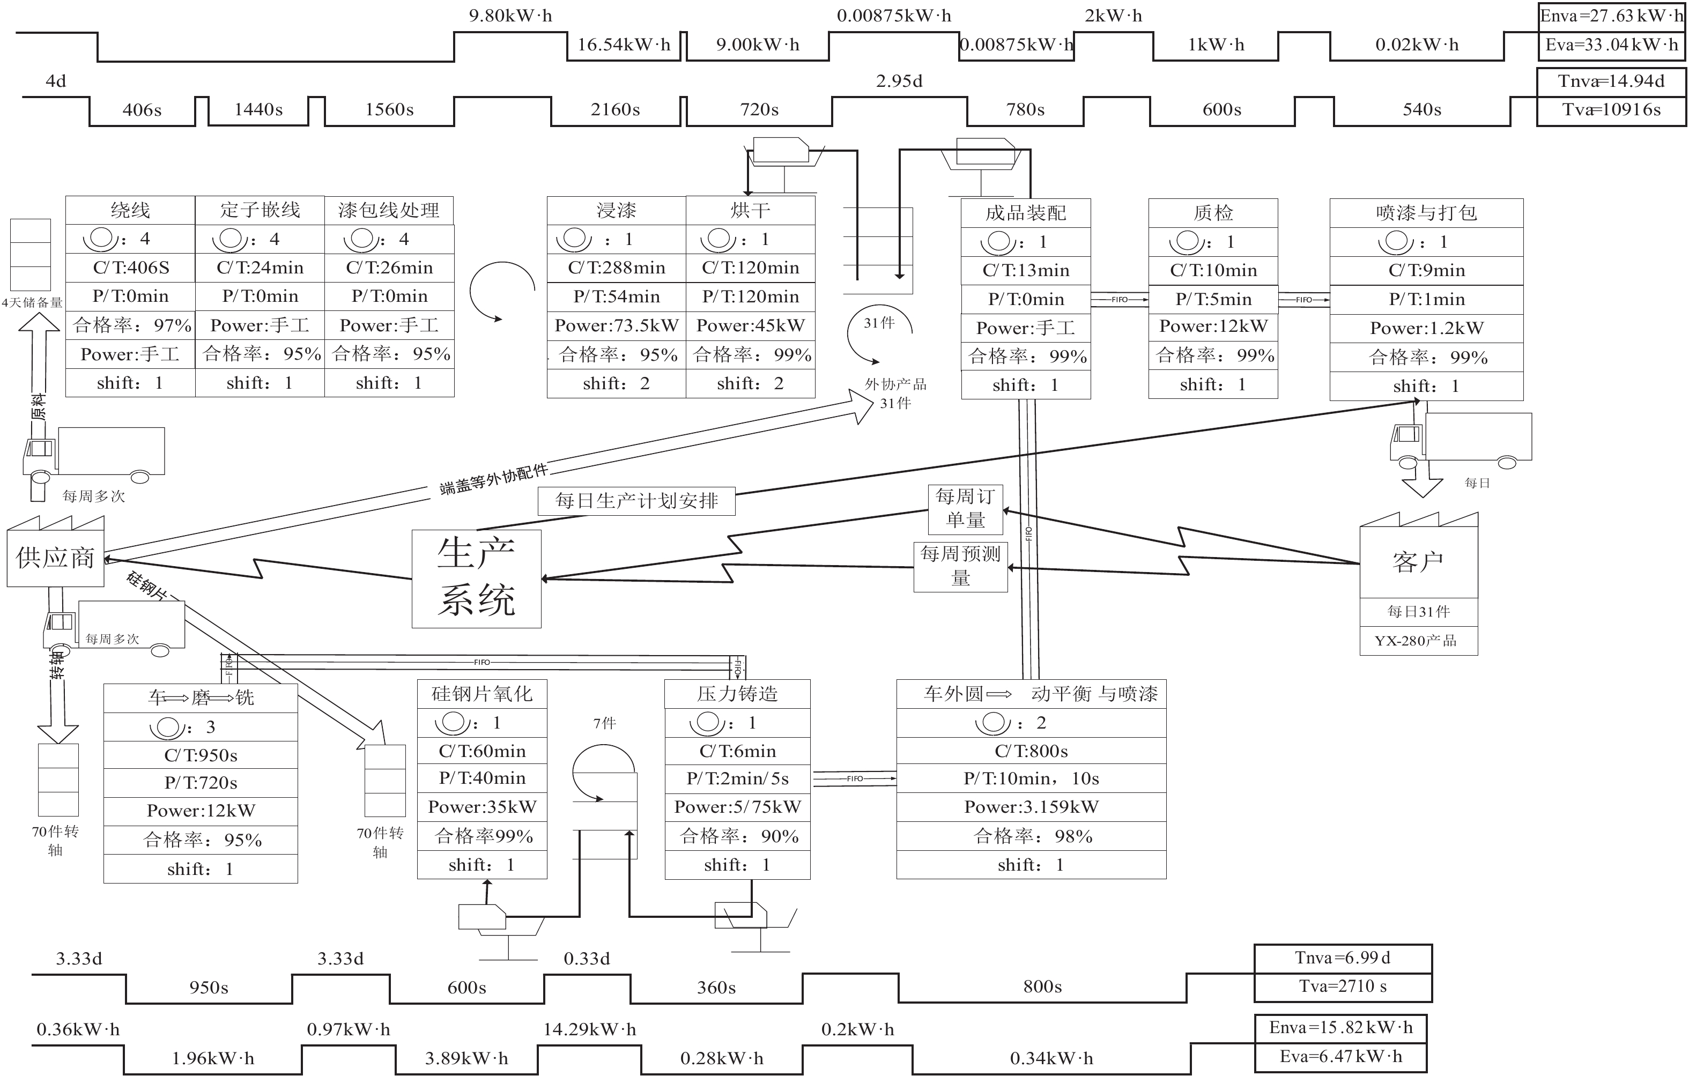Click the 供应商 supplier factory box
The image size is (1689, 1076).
point(55,558)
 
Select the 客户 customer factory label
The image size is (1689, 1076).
point(1418,562)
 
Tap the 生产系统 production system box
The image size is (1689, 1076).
point(476,578)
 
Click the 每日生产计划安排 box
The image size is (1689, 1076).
point(636,501)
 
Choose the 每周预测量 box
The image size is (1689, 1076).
point(960,566)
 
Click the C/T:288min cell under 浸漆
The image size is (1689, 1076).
point(616,268)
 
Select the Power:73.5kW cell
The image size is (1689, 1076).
point(616,325)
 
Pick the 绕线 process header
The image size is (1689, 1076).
point(130,210)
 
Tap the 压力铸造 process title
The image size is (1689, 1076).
point(737,694)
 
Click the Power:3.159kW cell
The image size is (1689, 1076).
point(1031,807)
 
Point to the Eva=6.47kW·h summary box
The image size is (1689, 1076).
point(1340,1056)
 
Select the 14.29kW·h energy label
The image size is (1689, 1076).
point(589,1029)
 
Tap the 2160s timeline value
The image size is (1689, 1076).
point(615,109)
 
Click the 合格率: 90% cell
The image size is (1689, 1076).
point(737,836)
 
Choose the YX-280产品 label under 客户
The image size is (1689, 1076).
point(1418,641)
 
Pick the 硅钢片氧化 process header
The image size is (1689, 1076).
point(482,694)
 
